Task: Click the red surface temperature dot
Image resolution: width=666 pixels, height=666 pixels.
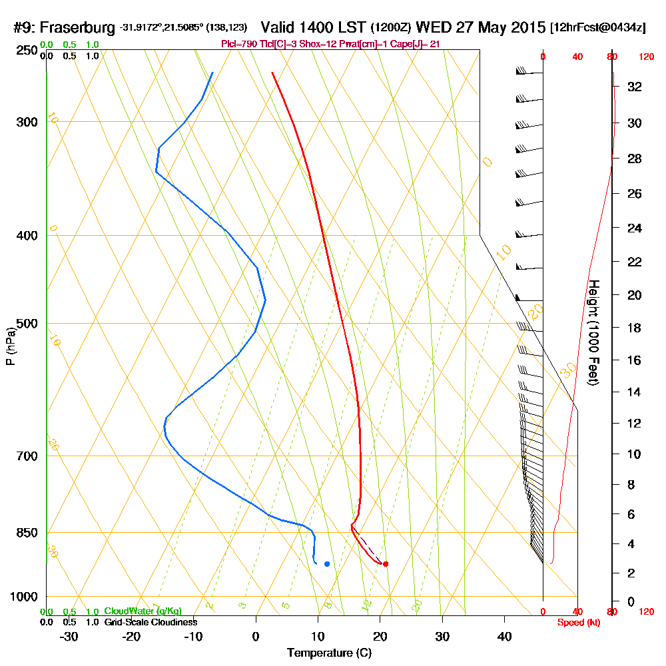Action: pyautogui.click(x=386, y=564)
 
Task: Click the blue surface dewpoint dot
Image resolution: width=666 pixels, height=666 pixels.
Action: pyautogui.click(x=327, y=564)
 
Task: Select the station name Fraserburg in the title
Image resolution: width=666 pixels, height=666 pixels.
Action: pyautogui.click(x=79, y=28)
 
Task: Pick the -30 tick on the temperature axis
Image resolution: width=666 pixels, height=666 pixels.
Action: pyautogui.click(x=69, y=637)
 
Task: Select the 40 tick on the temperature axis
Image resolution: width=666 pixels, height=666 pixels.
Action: pyautogui.click(x=505, y=637)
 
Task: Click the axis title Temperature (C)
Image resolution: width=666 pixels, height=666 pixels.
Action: pyautogui.click(x=329, y=653)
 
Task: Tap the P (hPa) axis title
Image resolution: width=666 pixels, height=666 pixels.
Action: pyautogui.click(x=10, y=346)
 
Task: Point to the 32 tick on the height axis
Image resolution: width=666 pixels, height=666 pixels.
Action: pyautogui.click(x=634, y=87)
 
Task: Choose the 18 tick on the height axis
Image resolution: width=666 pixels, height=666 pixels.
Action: pyautogui.click(x=634, y=328)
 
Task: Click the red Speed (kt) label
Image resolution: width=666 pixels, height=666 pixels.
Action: pyautogui.click(x=577, y=622)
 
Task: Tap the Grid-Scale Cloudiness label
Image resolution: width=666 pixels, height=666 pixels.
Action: pyautogui.click(x=151, y=622)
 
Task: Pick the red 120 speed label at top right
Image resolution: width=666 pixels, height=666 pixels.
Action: pyautogui.click(x=645, y=57)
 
